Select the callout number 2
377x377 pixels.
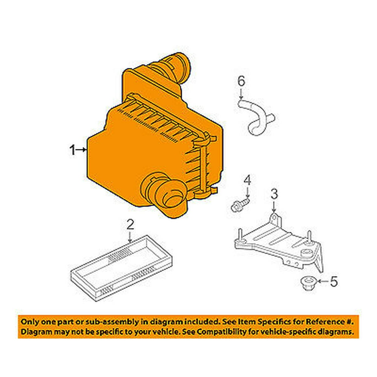pos(130,225)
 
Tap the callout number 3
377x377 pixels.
pos(274,195)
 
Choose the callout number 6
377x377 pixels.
pos(241,81)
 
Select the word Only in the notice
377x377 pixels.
pos(29,322)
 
